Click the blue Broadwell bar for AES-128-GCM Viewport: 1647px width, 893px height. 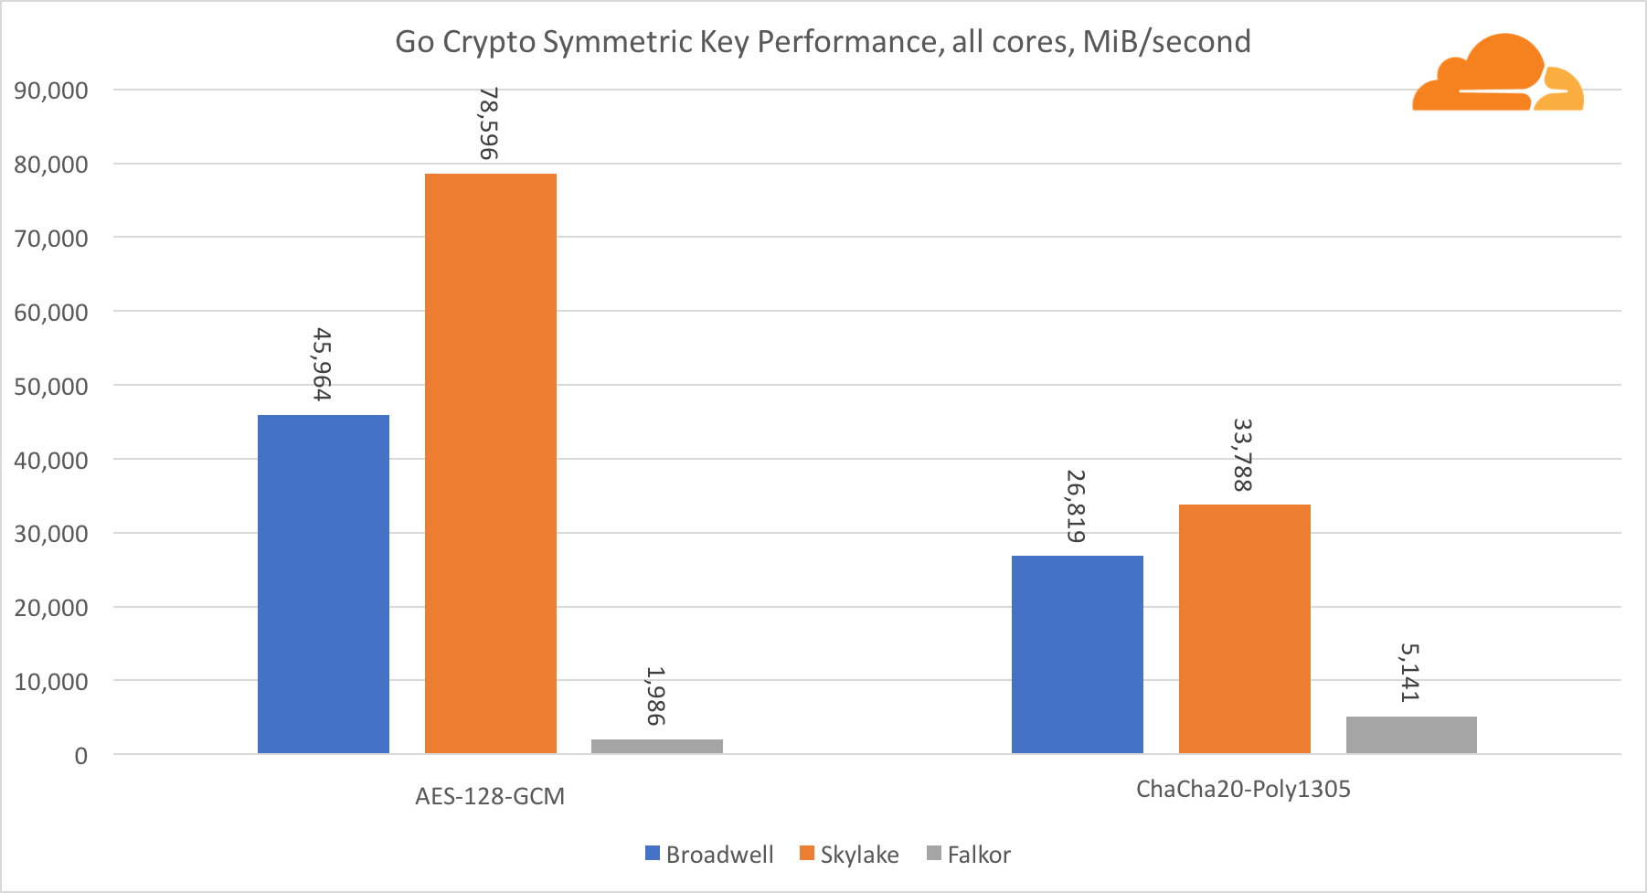324,584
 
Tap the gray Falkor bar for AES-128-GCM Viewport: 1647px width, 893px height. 657,746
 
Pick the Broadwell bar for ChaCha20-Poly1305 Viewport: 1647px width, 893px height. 1078,654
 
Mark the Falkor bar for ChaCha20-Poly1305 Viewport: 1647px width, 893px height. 1411,735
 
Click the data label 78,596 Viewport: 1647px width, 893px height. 489,123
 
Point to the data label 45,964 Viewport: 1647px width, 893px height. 322,365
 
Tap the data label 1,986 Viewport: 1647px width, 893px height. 655,696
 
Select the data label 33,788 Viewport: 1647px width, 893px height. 1243,455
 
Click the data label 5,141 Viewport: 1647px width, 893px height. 1409,673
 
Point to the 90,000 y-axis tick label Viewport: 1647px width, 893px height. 51,90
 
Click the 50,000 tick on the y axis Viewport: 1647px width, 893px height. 51,386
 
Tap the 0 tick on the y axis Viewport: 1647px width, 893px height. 81,756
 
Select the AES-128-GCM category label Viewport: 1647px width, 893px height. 490,796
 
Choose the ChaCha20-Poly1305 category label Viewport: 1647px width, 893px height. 1243,789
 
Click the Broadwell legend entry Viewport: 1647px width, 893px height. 709,855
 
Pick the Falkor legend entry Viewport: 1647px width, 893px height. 969,855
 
